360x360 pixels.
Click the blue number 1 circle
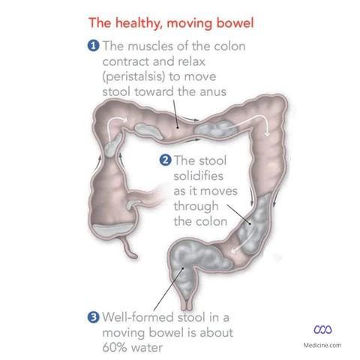tap(93, 46)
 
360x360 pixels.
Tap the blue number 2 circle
tap(165, 160)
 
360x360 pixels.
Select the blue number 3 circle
tap(93, 317)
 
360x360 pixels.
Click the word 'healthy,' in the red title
tap(137, 23)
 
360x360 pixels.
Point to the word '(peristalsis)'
tap(133, 76)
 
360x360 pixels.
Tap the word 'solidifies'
tap(199, 175)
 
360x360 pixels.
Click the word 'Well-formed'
tap(138, 317)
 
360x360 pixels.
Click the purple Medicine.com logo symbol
tap(322, 329)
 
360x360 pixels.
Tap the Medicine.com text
tap(322, 345)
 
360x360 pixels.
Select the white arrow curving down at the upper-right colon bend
tap(253, 119)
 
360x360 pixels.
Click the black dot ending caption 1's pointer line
tap(178, 127)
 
